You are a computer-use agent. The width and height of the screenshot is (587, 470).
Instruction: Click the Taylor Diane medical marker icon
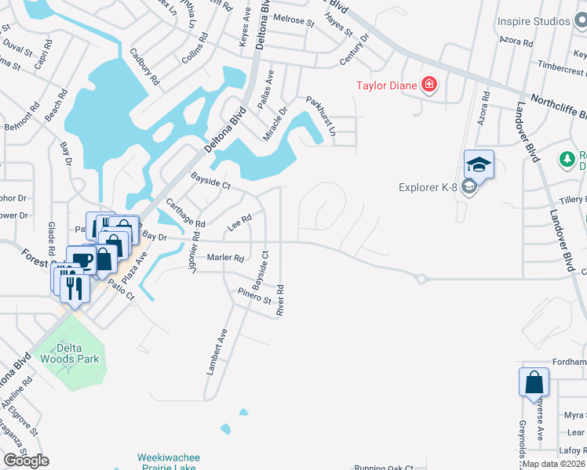click(x=429, y=85)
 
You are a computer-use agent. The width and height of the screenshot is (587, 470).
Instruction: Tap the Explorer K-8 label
click(x=428, y=187)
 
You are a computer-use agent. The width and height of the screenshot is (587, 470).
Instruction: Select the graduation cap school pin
click(x=479, y=164)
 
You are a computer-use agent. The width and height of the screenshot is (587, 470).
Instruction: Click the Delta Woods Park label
click(x=70, y=352)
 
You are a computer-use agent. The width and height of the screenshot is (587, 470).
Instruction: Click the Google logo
click(x=27, y=461)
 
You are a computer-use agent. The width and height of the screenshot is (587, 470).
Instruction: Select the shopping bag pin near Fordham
click(x=534, y=383)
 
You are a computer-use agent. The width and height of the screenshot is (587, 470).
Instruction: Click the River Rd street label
click(x=280, y=300)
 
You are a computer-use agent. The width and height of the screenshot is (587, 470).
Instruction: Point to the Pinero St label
click(x=255, y=296)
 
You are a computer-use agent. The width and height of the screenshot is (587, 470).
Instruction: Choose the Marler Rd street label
click(x=225, y=258)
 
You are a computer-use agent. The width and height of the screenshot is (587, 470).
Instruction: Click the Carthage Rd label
click(x=185, y=213)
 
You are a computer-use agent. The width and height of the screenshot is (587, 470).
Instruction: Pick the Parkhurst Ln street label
click(x=321, y=115)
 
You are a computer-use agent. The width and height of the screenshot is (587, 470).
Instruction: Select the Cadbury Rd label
click(x=145, y=69)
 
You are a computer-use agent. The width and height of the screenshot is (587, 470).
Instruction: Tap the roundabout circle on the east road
click(x=421, y=278)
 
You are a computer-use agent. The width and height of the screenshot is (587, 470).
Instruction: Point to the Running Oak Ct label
click(x=383, y=467)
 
